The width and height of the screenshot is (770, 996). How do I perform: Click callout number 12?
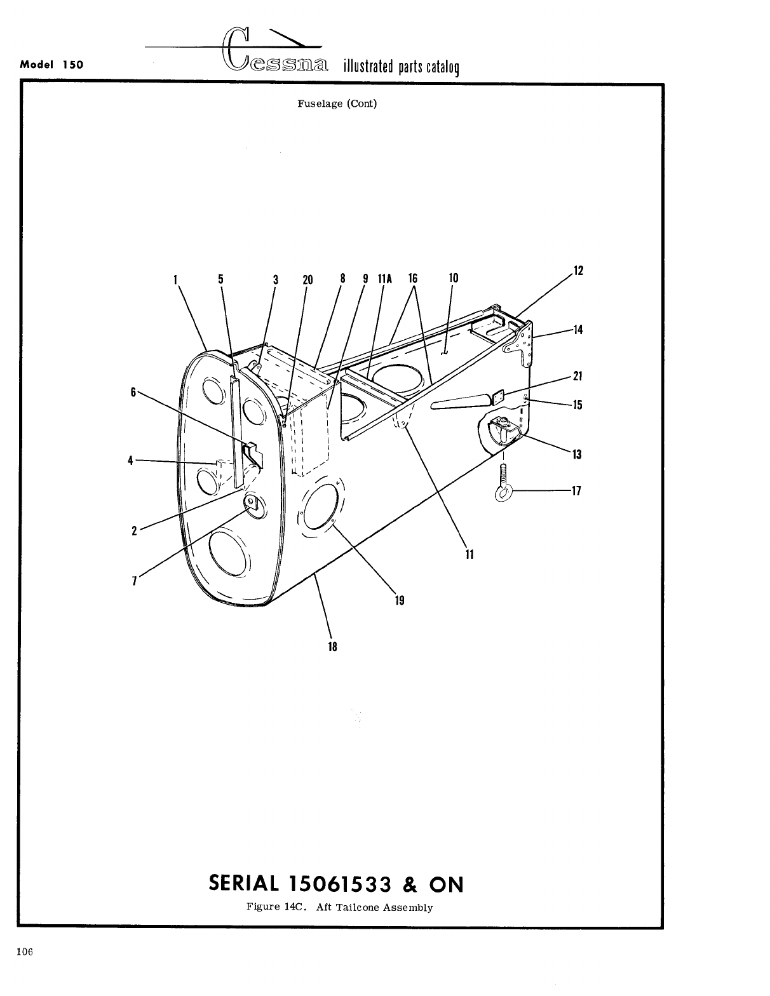click(578, 271)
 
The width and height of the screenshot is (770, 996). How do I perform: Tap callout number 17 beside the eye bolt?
click(577, 491)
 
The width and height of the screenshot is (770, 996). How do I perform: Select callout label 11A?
click(385, 278)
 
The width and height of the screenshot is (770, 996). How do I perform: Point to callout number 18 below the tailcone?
click(332, 647)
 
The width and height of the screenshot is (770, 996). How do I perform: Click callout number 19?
click(400, 600)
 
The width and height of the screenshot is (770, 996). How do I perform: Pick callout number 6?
click(133, 392)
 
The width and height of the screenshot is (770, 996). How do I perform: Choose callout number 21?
click(577, 375)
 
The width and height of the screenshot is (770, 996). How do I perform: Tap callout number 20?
click(307, 279)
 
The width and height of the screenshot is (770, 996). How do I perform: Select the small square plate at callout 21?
click(499, 396)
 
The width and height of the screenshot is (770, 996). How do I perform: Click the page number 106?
click(25, 952)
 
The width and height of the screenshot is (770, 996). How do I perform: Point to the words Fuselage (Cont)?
click(337, 104)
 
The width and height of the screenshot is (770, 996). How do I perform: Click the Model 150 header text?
click(52, 65)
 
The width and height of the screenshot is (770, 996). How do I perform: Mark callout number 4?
click(130, 461)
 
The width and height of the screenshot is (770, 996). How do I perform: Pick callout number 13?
click(577, 454)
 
